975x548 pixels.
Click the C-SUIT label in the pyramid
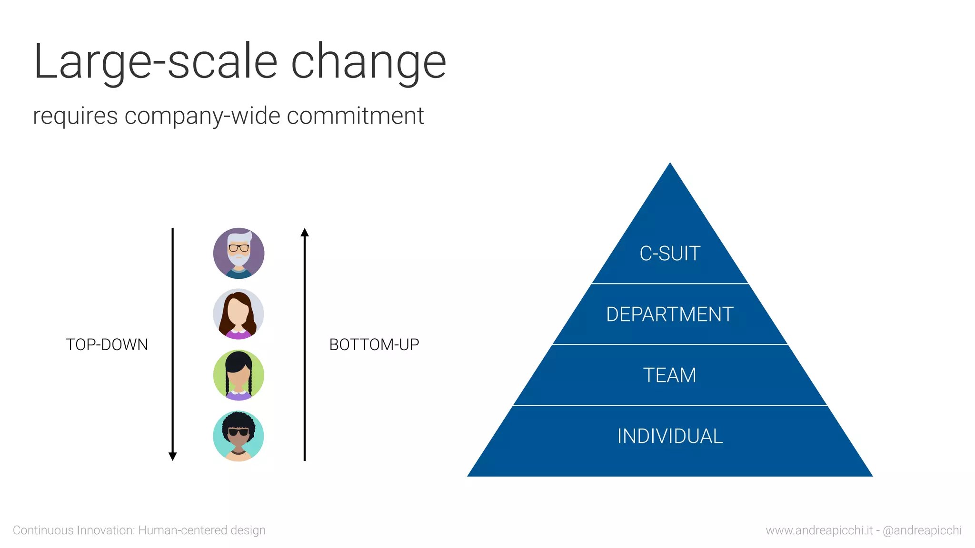670,254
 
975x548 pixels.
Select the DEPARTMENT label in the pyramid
670,314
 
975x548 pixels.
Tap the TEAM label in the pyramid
670,375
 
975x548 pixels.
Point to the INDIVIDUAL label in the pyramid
670,436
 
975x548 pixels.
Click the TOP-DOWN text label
107,344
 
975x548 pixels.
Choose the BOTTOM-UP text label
374,344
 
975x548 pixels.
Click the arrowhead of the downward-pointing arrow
173,456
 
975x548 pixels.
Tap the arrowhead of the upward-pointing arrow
305,233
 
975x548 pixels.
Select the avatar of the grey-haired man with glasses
239,253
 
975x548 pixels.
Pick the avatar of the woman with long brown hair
239,314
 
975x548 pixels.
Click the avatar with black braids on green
239,375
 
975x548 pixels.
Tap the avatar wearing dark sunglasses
239,436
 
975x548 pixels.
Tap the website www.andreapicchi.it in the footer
819,530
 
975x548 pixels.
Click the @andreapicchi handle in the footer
922,530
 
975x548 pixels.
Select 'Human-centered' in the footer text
182,530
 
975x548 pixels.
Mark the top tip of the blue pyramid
670,165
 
